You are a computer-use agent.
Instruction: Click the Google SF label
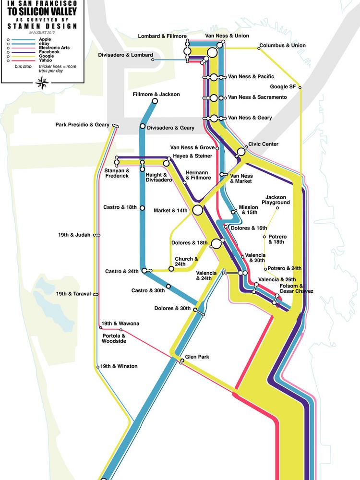(x=283, y=87)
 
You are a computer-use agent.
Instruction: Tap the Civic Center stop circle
(x=241, y=152)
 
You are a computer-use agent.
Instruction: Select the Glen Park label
(x=197, y=357)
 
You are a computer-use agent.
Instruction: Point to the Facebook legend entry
(x=49, y=51)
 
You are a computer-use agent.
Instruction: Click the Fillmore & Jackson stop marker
(x=155, y=101)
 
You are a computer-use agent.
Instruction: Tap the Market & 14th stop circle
(x=197, y=210)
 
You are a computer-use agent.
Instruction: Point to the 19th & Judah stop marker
(x=97, y=235)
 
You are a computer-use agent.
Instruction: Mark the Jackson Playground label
(x=277, y=200)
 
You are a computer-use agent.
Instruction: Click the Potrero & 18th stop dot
(x=264, y=237)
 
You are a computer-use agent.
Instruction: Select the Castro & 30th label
(x=148, y=290)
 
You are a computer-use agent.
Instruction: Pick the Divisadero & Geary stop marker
(x=143, y=127)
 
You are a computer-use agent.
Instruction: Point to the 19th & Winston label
(x=119, y=366)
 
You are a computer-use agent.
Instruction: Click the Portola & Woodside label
(x=114, y=338)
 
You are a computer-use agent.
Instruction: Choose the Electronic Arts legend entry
(x=56, y=48)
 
